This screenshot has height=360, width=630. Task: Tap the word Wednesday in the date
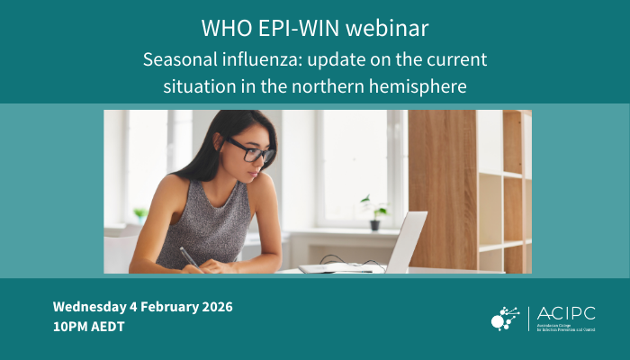tap(91, 306)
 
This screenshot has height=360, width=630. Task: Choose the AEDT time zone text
tap(108, 327)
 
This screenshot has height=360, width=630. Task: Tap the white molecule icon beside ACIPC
tap(505, 317)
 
